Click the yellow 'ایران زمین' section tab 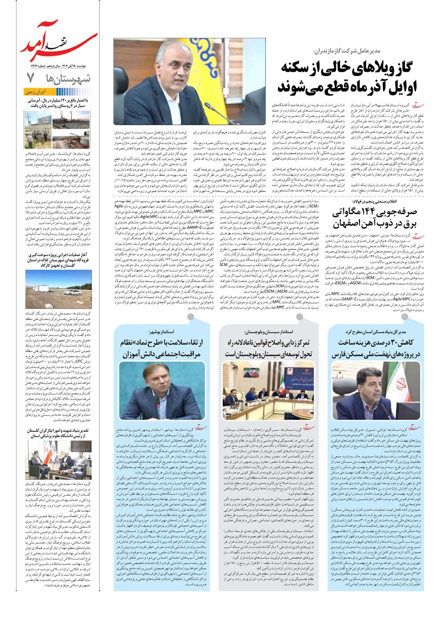36,92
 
